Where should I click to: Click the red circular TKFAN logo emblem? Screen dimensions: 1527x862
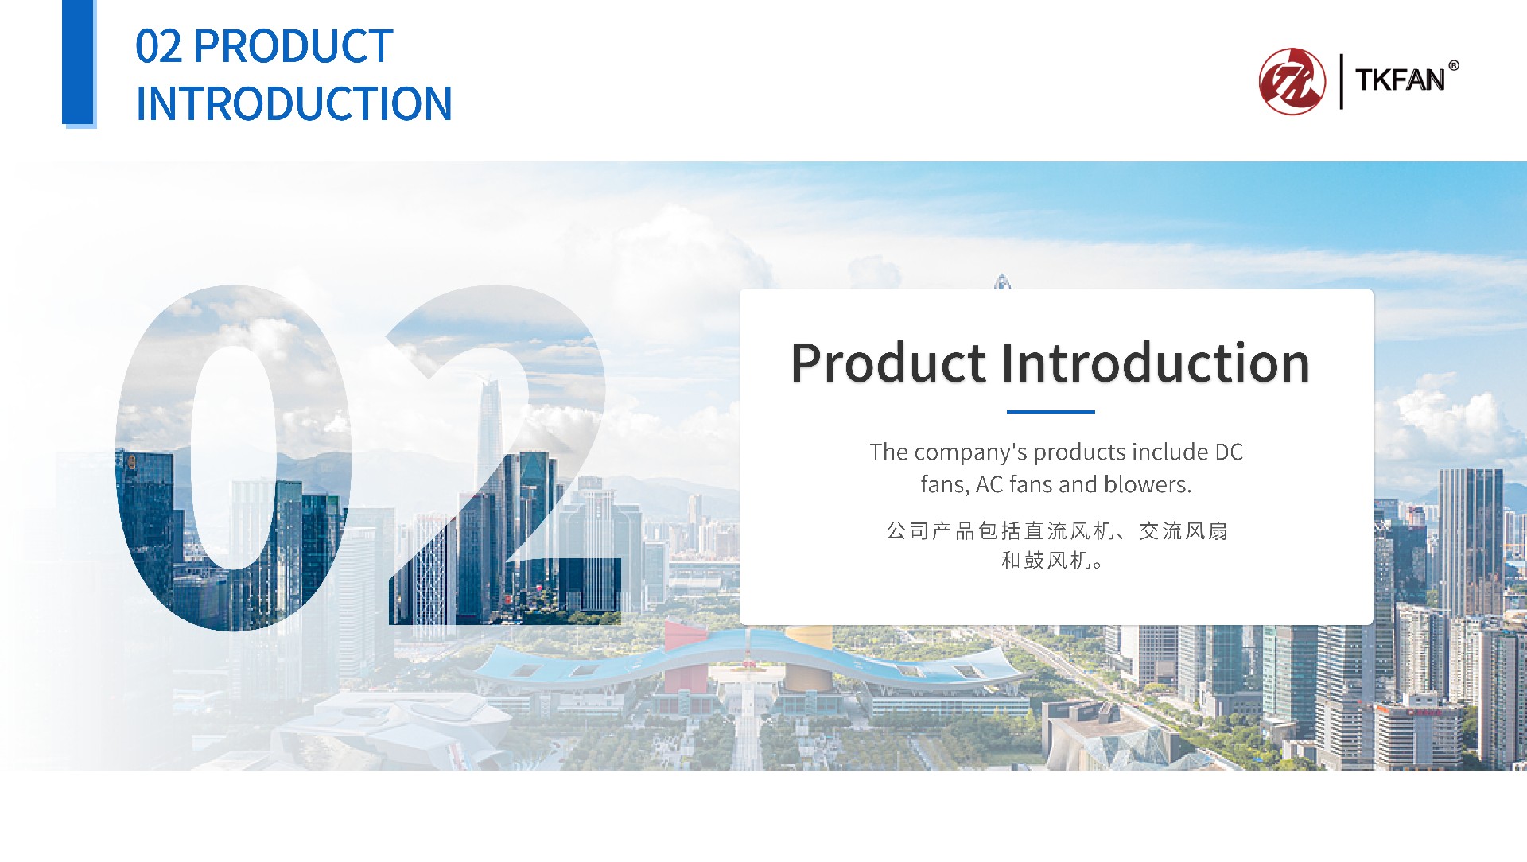(x=1292, y=81)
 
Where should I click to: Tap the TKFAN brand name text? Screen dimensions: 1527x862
(x=1400, y=80)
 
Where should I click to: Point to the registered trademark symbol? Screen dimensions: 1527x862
(x=1454, y=65)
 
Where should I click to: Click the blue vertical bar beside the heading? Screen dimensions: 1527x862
(x=79, y=64)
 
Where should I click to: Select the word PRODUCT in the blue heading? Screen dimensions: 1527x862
(x=293, y=46)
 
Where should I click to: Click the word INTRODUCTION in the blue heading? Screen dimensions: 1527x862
(x=294, y=104)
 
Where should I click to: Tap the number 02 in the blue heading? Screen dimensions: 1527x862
(x=159, y=46)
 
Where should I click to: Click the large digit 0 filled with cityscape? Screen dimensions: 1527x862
(x=233, y=457)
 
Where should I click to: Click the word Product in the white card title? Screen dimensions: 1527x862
(x=888, y=363)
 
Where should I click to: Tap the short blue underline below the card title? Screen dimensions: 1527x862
(x=1051, y=412)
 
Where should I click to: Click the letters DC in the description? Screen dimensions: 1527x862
(x=1229, y=452)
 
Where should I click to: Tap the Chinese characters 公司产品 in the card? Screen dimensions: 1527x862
(x=931, y=531)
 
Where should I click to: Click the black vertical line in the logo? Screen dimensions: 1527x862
(x=1342, y=81)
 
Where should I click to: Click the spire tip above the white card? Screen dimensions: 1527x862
(x=1002, y=274)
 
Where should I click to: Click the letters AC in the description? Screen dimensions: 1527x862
(x=989, y=484)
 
